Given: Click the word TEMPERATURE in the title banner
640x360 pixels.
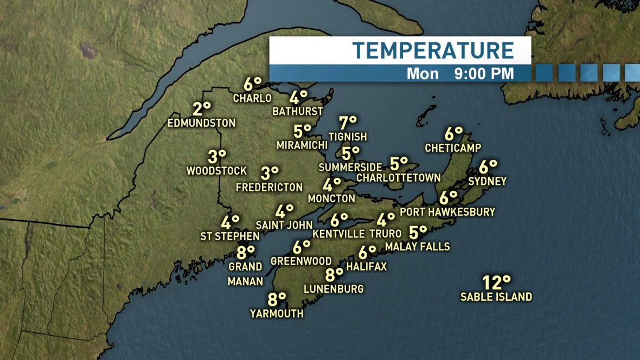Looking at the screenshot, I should [433, 50].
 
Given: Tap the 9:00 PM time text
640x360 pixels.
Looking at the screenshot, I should [484, 73].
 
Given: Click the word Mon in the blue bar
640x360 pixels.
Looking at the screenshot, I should [423, 73].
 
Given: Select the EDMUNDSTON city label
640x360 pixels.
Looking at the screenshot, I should [202, 123].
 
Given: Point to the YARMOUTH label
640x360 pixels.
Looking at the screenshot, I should [277, 313].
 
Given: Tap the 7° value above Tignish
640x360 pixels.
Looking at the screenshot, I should [348, 123].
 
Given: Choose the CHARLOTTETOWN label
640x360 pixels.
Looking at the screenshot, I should [399, 177].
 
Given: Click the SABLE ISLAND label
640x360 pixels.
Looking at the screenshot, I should [496, 297].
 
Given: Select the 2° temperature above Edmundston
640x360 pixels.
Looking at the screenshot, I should [201, 108].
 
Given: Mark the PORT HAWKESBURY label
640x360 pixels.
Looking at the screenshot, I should [447, 211].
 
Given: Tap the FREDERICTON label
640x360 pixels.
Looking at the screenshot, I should [270, 187].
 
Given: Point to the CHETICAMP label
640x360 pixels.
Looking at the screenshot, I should [453, 147].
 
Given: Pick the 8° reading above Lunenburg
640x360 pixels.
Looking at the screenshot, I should [334, 274].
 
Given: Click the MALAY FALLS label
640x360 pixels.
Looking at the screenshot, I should [417, 247].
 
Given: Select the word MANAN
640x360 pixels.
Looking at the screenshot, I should [245, 281].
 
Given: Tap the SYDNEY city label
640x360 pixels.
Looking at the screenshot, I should [487, 181].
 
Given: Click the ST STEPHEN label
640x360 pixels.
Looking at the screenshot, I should [230, 236].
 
